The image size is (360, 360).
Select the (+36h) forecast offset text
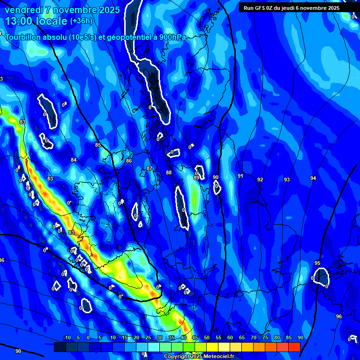82,21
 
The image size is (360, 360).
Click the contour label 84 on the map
74,160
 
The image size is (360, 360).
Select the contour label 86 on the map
129,161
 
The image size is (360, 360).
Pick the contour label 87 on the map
150,168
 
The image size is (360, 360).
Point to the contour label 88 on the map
169,173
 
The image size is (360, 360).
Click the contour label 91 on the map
240,176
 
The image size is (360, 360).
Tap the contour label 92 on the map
260,180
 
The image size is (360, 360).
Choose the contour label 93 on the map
287,180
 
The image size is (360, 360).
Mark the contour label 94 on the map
313,178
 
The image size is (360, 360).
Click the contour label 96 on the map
339,316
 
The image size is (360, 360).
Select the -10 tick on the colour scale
67,338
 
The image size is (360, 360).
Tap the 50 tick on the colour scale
207,338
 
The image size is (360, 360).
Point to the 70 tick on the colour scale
254,338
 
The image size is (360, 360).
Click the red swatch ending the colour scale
294,347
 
